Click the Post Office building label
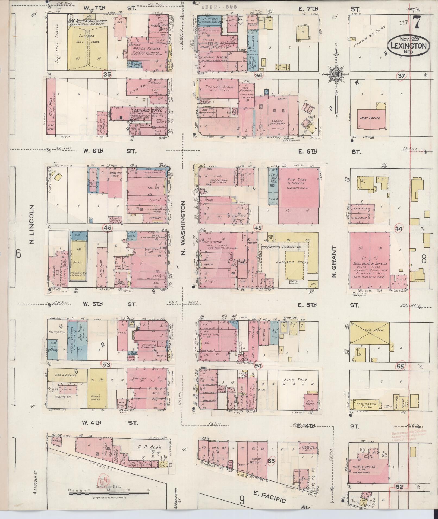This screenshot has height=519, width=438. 370,118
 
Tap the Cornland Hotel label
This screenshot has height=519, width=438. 146,111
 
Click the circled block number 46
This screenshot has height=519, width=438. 108,228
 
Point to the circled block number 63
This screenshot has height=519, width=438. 271,461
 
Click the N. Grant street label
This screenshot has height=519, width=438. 334,262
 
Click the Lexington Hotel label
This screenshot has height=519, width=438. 367,406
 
